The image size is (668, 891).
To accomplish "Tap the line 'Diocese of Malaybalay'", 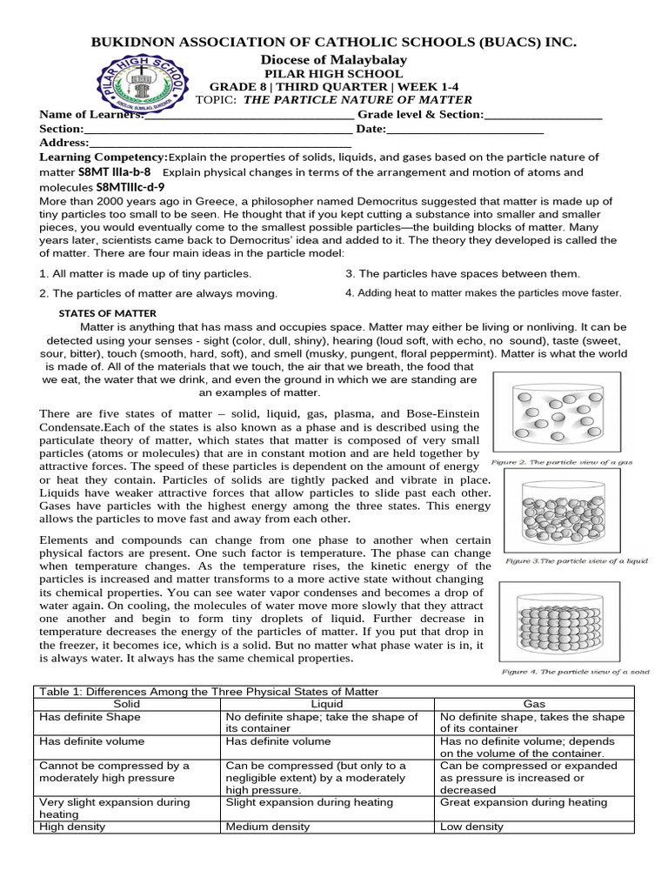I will tap(333, 59).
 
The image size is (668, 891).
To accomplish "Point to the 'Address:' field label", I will tap(64, 143).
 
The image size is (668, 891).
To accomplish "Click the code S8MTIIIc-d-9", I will tap(130, 186).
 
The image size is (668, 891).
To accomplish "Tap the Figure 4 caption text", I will tap(575, 672).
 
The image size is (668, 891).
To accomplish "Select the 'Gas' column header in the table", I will tap(533, 702).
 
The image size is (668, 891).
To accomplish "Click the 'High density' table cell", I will tap(69, 827).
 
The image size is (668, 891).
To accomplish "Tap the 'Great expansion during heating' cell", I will tap(523, 802).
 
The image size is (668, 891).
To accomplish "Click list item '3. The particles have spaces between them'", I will tap(463, 273).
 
